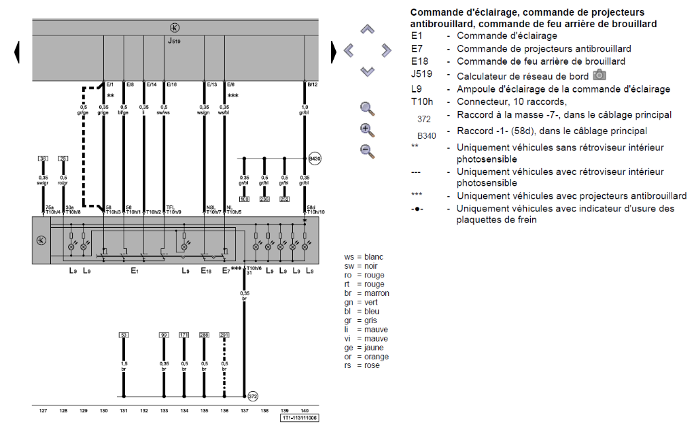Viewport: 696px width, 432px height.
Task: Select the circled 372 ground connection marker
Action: [x=252, y=396]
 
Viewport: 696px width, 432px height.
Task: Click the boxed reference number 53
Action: [x=124, y=335]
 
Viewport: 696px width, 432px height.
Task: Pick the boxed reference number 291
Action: [x=224, y=335]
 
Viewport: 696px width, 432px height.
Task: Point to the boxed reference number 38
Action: [x=43, y=159]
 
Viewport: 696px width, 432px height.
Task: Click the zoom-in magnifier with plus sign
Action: [x=368, y=129]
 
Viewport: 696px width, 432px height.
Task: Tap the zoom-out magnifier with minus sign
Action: [x=368, y=150]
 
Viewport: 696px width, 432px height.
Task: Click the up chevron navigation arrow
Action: [x=367, y=29]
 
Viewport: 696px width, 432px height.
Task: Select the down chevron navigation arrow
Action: [x=367, y=71]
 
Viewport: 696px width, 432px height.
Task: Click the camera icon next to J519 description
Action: [x=599, y=75]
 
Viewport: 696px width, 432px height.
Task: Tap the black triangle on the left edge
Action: [x=16, y=51]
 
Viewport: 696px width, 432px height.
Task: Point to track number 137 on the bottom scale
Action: [x=244, y=411]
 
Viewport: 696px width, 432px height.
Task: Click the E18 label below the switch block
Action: [x=206, y=271]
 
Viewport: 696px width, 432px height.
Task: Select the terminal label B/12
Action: [x=313, y=84]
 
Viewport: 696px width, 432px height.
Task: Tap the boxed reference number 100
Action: [x=244, y=199]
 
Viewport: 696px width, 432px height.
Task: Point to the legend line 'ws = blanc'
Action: [x=364, y=257]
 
